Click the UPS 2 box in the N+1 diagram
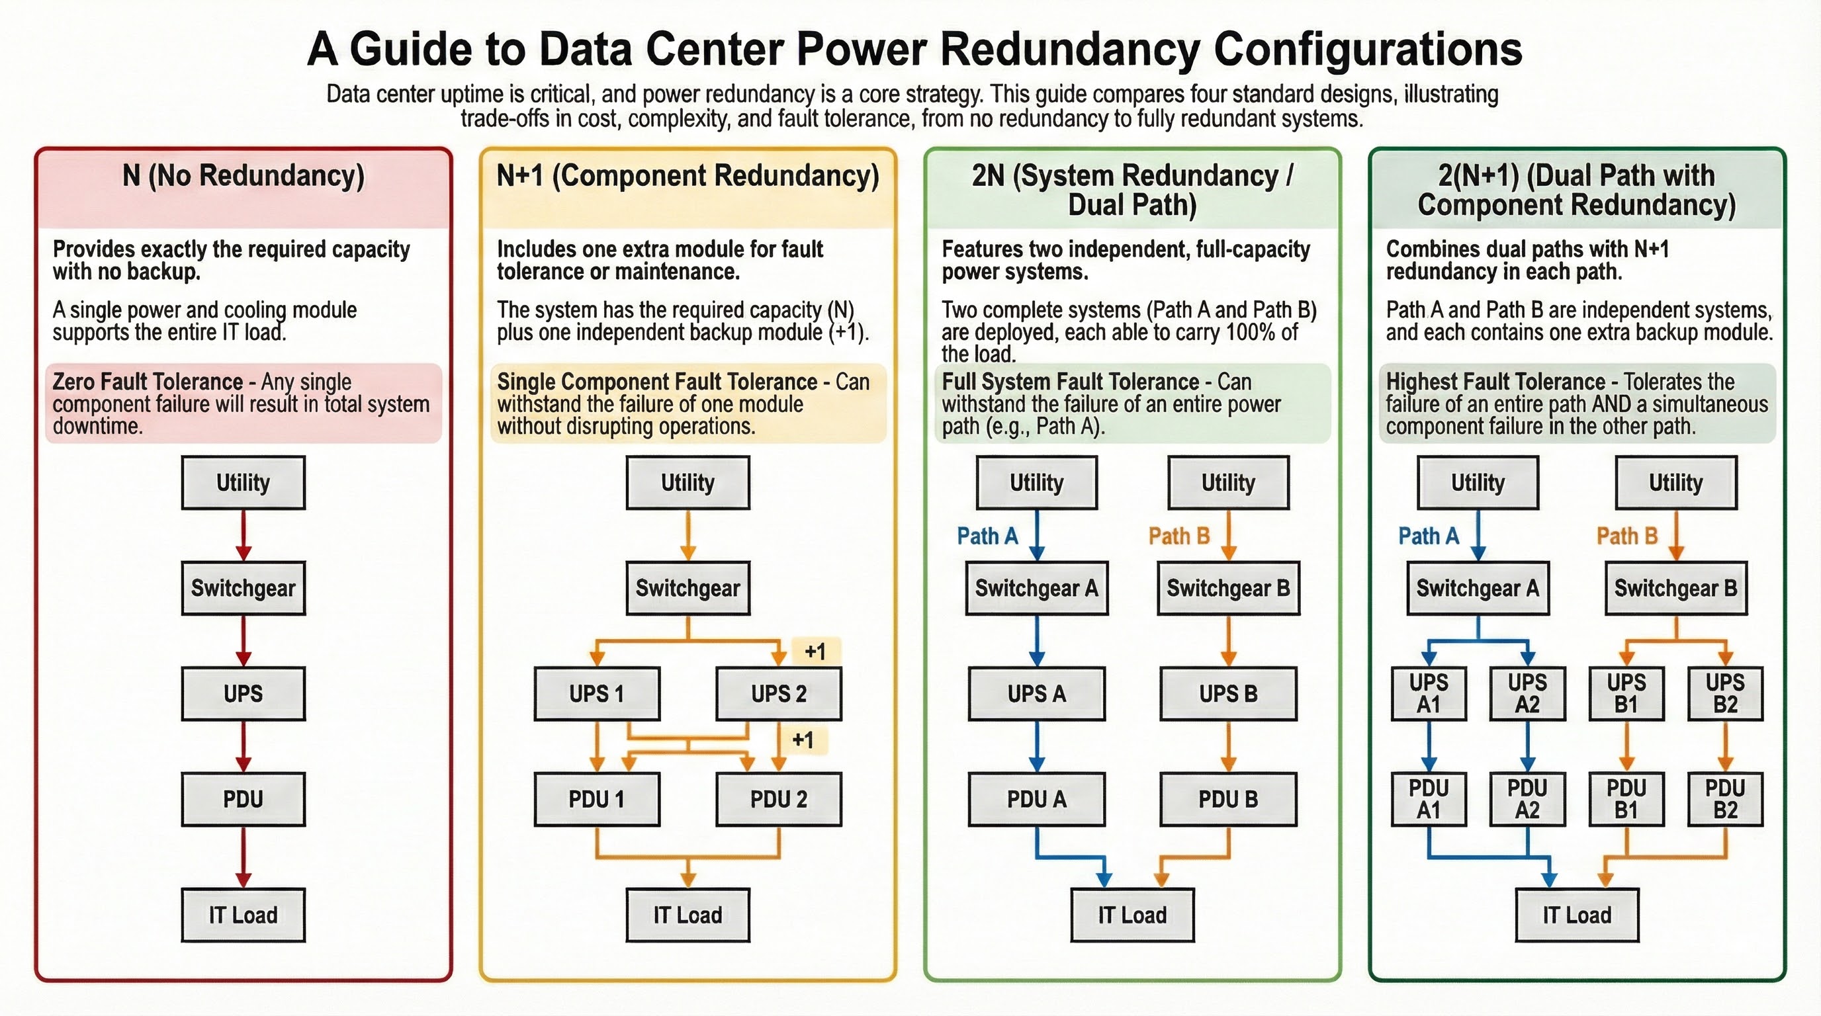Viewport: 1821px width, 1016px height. point(778,694)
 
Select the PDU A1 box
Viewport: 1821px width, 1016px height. point(1429,799)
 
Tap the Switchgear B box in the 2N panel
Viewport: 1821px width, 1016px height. point(1228,589)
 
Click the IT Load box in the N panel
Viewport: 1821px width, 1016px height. point(244,915)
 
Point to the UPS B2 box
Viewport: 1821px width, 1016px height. point(1725,694)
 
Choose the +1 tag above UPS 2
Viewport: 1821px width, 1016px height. point(815,652)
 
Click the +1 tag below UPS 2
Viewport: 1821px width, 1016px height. point(803,740)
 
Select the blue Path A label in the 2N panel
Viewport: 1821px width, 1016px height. point(987,536)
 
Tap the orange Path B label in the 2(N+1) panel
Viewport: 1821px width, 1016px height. point(1626,536)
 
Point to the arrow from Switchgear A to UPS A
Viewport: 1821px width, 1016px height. point(1036,640)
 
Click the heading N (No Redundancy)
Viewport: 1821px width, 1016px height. point(244,176)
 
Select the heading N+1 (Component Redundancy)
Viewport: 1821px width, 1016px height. point(687,176)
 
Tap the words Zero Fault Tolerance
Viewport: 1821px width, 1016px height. point(148,382)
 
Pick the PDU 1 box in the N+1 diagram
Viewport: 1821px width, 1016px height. point(597,799)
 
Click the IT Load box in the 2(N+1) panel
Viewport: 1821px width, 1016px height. point(1576,915)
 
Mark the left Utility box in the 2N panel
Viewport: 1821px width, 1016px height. point(1036,483)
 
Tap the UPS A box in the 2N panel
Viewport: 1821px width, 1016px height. point(1036,694)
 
